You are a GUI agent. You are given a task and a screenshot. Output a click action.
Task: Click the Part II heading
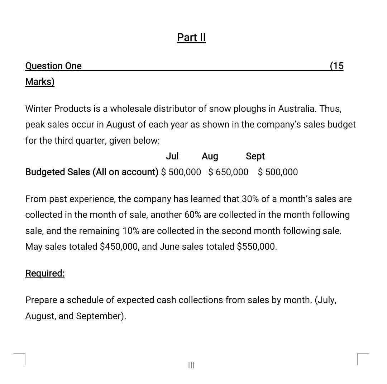191,38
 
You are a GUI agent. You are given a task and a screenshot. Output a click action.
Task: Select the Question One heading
53,66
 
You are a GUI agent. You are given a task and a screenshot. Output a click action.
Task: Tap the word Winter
38,109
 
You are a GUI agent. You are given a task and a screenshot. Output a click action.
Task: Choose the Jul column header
172,156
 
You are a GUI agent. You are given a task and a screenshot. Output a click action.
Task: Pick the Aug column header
210,157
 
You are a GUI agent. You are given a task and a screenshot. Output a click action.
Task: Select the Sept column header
255,157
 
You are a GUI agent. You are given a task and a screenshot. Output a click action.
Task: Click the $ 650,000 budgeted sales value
228,172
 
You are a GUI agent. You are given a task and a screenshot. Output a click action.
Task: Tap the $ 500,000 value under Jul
181,172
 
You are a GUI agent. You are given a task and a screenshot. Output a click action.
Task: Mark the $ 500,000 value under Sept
278,172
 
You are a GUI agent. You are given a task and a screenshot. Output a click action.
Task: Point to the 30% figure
250,199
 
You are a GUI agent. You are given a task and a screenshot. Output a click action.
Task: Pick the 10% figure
131,231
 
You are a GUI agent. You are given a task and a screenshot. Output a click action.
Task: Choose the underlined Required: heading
45,273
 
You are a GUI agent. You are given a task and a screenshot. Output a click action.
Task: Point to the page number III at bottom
191,365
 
